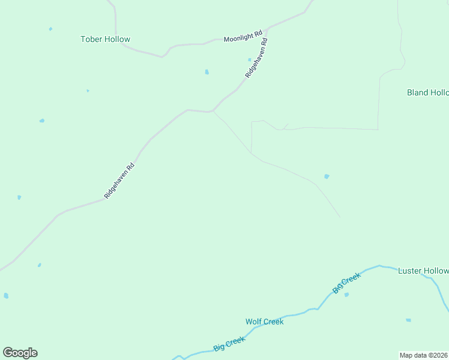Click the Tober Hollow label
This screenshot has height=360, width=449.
[105, 40]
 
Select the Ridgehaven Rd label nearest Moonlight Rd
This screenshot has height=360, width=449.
[256, 59]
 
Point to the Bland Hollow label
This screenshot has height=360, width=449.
[427, 92]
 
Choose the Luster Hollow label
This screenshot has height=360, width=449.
[423, 271]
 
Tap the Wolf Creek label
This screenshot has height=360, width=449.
[264, 322]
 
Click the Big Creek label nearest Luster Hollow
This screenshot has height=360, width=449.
[346, 283]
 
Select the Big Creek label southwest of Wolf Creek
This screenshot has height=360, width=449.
[229, 344]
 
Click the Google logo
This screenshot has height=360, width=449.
[20, 353]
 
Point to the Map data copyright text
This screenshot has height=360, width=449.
[424, 355]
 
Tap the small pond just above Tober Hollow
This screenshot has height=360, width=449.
[50, 29]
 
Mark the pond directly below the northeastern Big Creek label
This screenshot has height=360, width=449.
[346, 295]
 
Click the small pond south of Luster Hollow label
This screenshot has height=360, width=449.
[408, 320]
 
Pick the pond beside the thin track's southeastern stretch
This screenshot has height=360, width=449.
[327, 176]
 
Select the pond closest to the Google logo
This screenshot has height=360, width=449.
[6, 296]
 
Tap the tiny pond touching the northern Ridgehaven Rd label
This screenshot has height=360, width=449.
[250, 59]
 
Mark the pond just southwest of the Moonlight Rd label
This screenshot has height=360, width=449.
[206, 72]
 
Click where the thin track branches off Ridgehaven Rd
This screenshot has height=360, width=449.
[213, 112]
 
